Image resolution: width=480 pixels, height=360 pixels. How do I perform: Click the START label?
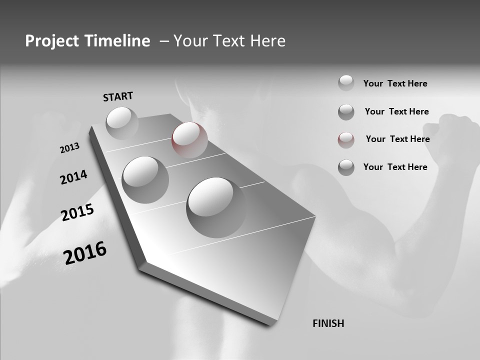[x=118, y=96]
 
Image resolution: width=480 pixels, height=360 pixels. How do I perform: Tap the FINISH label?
[x=328, y=323]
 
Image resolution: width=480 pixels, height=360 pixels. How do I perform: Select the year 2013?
[x=69, y=148]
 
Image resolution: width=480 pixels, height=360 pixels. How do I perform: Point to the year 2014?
[x=74, y=177]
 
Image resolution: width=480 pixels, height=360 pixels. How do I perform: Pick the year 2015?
[x=77, y=212]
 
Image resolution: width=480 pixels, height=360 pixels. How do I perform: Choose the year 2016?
[x=85, y=252]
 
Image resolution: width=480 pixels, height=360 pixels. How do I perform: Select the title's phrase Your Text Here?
[x=229, y=41]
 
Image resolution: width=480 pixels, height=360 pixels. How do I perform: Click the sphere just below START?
[x=122, y=123]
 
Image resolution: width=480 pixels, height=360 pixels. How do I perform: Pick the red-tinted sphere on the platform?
[x=189, y=140]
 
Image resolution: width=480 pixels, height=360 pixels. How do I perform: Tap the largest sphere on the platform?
[x=216, y=207]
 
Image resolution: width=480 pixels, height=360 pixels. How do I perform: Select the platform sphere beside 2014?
[x=145, y=179]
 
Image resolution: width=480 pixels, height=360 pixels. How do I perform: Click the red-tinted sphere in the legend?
[x=346, y=140]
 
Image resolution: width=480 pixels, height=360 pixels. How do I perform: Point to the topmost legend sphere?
[x=346, y=83]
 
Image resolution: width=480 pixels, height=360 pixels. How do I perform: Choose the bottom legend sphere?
[x=346, y=167]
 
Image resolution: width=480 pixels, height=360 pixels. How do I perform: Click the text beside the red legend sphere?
[x=397, y=139]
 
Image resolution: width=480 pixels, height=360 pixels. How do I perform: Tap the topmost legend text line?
[x=395, y=83]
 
